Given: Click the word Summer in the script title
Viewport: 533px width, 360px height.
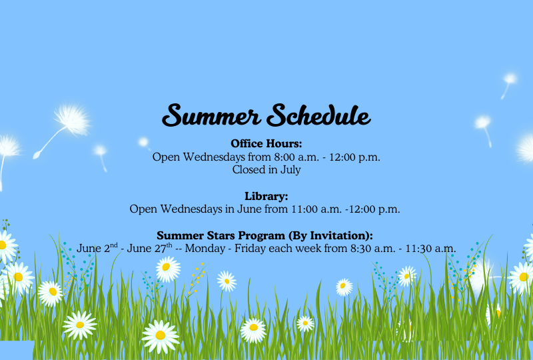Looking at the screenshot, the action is pos(211,115).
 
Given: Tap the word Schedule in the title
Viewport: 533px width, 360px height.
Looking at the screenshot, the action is pos(318,115).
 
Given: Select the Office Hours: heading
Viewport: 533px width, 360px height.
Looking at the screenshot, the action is pos(266,143).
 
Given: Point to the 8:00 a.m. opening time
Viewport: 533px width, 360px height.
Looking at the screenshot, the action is pos(296,157).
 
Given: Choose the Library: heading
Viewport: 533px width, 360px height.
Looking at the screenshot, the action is pos(266,196).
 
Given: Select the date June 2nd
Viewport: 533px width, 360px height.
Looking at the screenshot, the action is pos(97,248).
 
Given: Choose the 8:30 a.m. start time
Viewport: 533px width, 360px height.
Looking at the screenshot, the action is pos(373,249).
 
